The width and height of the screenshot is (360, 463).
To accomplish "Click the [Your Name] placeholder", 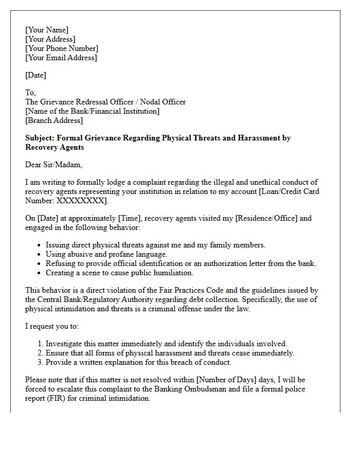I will point(47,30).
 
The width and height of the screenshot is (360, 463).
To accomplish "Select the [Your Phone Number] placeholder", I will point(62,48).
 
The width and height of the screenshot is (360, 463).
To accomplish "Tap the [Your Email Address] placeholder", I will point(61,58).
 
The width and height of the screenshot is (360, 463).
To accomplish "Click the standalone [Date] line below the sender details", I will point(35,75).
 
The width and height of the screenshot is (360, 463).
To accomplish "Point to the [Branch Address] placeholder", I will point(53,120).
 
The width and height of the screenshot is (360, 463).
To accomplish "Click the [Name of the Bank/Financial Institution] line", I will point(92,111).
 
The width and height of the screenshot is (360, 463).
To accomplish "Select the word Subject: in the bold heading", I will point(40,138).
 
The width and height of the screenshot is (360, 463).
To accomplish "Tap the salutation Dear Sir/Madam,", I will point(53,165).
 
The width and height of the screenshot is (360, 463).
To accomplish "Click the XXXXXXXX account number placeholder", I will point(80,201).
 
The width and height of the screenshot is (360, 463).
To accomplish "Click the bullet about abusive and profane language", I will point(106,254).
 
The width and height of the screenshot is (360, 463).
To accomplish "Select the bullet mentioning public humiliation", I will point(119,273).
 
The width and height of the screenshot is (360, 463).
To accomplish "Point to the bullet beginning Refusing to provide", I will point(181,263).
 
